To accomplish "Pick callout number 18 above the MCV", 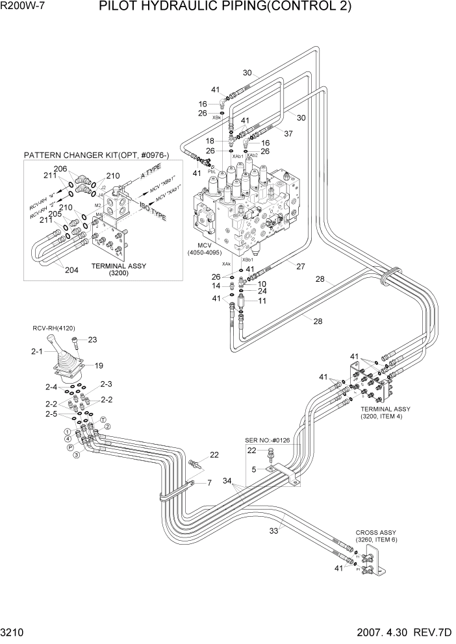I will click(210, 141).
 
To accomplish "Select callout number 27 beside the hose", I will click(301, 266).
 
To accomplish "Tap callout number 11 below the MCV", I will click(262, 301).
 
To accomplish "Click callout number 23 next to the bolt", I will click(92, 339).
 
